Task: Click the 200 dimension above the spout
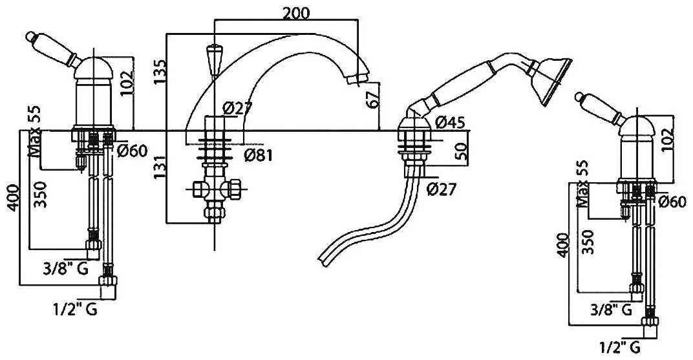tap(296, 14)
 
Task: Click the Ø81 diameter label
tap(259, 155)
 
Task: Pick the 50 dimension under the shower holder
tap(460, 151)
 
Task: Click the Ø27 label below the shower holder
tap(441, 189)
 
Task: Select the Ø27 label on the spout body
tap(237, 109)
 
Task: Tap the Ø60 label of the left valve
tap(132, 151)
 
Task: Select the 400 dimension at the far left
tap(14, 197)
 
